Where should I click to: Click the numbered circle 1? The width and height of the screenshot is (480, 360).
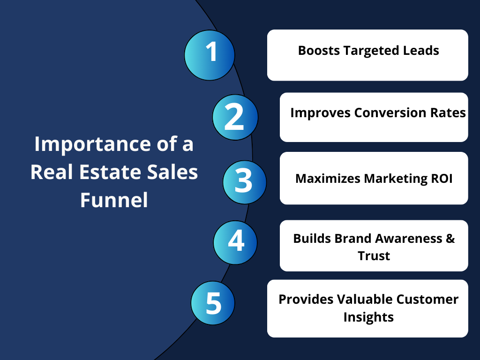point(210,55)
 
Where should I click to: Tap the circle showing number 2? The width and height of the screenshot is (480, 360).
point(235,117)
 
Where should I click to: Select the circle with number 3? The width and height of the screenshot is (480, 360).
point(245,182)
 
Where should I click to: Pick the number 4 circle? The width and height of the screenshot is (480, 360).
point(235,242)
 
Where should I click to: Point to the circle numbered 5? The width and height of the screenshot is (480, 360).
point(213,303)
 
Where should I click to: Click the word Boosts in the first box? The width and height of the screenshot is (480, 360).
point(319,51)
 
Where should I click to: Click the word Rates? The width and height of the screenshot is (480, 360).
point(448,112)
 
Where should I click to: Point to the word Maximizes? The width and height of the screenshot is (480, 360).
point(328,179)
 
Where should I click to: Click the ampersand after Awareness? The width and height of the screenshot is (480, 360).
point(450,239)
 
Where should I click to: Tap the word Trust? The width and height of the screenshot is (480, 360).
point(374,255)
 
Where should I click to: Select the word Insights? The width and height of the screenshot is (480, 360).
point(368,317)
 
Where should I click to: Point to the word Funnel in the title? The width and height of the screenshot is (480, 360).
point(114,200)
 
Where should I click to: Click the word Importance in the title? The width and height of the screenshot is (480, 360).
point(92,144)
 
